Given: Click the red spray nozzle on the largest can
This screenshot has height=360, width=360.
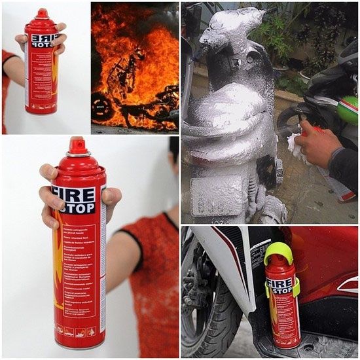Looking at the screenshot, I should pyautogui.click(x=77, y=145).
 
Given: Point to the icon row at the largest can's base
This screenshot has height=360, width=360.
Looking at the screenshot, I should pyautogui.click(x=77, y=331).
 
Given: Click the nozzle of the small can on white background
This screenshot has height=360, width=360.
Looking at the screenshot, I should pyautogui.click(x=42, y=12).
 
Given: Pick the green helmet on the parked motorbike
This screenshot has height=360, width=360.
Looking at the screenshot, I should pyautogui.click(x=348, y=109).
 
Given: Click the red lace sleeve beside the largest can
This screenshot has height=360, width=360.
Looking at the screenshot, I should pyautogui.click(x=151, y=275).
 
